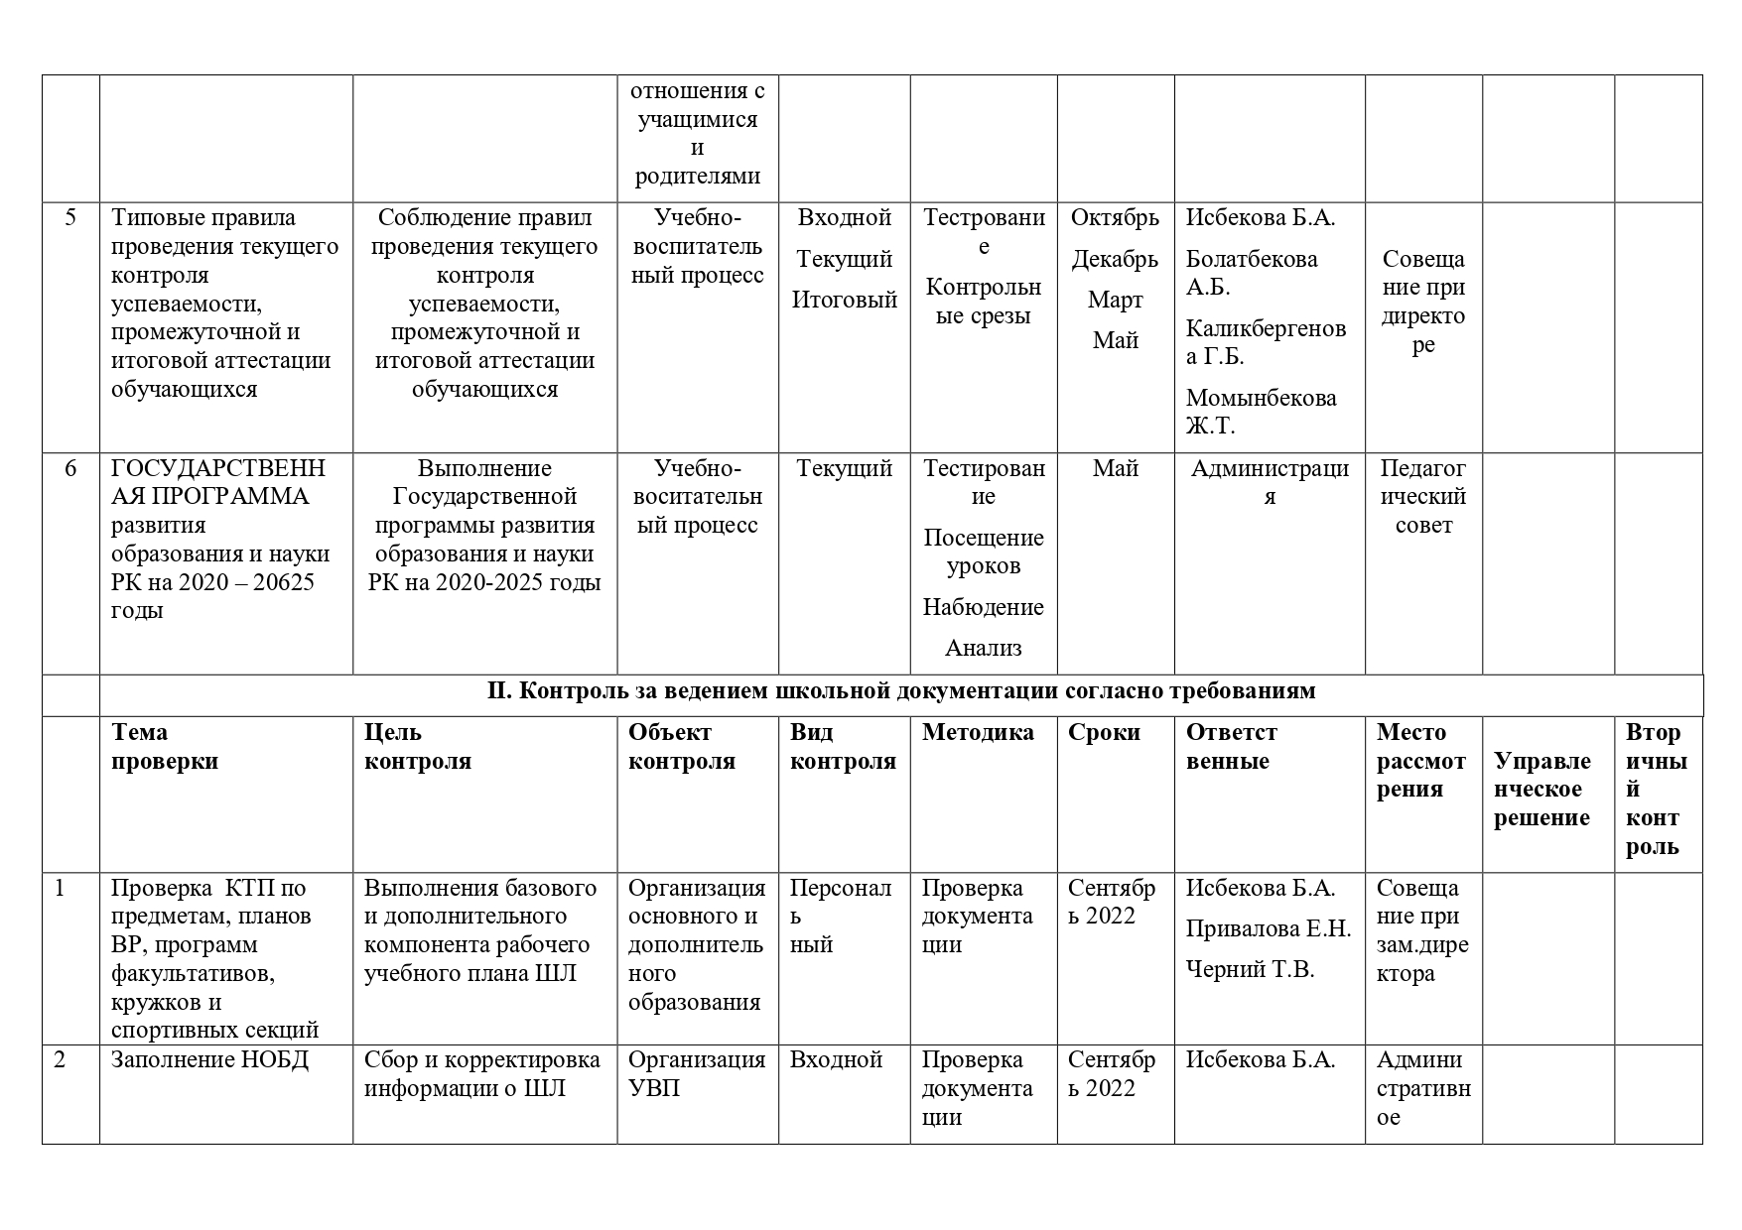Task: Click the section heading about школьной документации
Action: pyautogui.click(x=901, y=691)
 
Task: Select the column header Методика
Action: pyautogui.click(x=978, y=733)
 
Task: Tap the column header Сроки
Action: pyautogui.click(x=1104, y=733)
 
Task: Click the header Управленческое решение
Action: pyautogui.click(x=1541, y=790)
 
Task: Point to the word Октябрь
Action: pyautogui.click(x=1115, y=218)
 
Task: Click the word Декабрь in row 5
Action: pyautogui.click(x=1115, y=260)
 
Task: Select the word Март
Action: pyautogui.click(x=1115, y=301)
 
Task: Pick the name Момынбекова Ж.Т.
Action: pyautogui.click(x=1261, y=412)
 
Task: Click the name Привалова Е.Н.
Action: pyautogui.click(x=1269, y=929)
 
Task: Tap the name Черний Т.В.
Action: pyautogui.click(x=1250, y=970)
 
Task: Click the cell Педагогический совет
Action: pyautogui.click(x=1423, y=497)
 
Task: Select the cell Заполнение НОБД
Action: pyautogui.click(x=210, y=1060)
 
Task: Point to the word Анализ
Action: pyautogui.click(x=983, y=649)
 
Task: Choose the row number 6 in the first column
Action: pyautogui.click(x=70, y=468)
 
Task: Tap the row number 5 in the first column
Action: pyautogui.click(x=70, y=218)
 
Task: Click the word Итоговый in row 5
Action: pyautogui.click(x=844, y=301)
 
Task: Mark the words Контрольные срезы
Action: pyautogui.click(x=983, y=302)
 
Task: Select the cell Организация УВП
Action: pyautogui.click(x=697, y=1074)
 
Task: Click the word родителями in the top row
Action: pyautogui.click(x=697, y=177)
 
